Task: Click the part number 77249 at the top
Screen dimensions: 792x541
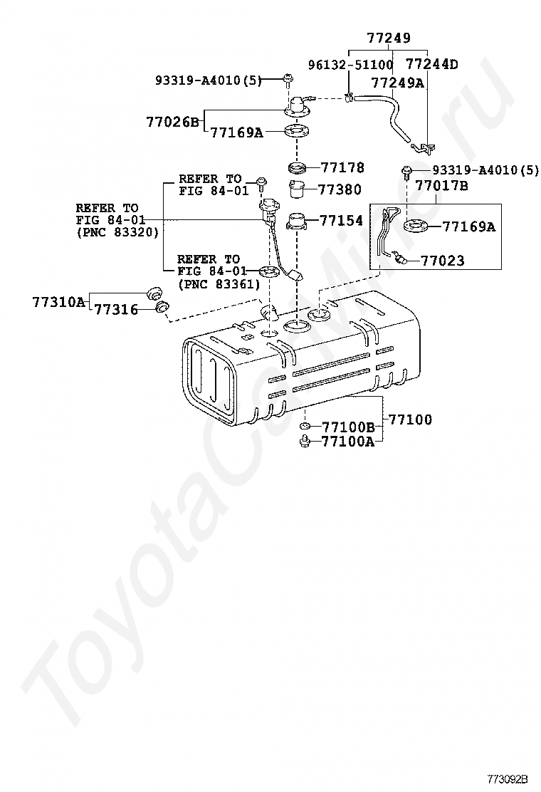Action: point(389,38)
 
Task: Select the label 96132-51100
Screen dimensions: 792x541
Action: point(350,65)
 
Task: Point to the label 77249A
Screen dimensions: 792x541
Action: point(397,83)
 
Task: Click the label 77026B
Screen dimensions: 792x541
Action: point(172,122)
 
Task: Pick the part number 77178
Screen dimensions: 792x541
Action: point(342,168)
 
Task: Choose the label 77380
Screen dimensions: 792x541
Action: point(339,190)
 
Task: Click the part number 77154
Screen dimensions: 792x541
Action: point(341,221)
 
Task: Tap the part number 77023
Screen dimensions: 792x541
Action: point(442,261)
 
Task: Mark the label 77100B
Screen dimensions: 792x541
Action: point(348,427)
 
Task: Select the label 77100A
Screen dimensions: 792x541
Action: point(348,442)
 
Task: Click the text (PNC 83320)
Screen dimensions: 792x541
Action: point(117,232)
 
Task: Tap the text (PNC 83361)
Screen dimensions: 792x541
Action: point(218,283)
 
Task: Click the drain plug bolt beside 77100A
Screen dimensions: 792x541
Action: point(304,442)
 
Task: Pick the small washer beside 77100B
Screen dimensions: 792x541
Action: point(304,427)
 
